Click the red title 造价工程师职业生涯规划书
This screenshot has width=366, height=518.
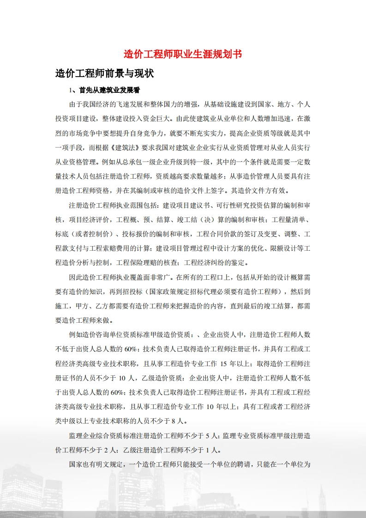[x=183, y=54]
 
